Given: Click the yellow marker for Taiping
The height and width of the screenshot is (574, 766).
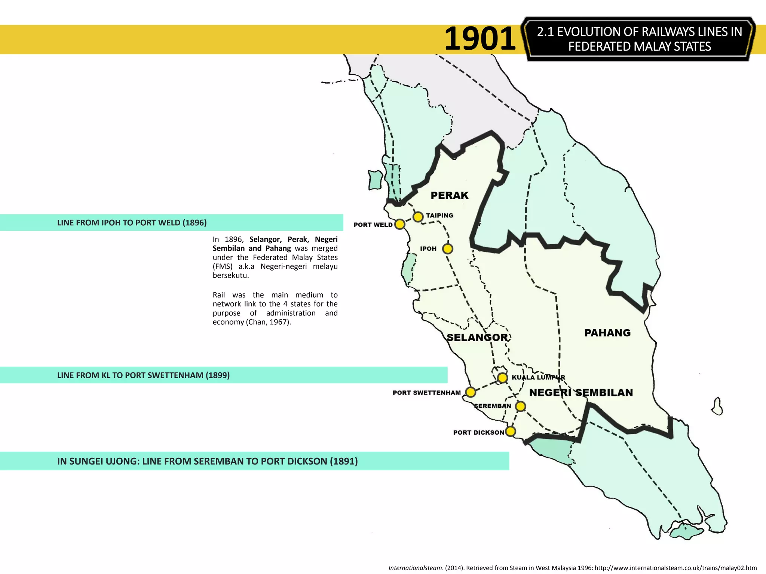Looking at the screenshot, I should [x=418, y=217].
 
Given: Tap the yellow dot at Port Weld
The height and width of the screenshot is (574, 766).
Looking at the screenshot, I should [x=400, y=224].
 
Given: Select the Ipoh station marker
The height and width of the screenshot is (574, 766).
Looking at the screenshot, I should [x=447, y=249].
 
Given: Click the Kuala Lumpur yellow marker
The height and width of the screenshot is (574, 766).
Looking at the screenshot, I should [x=502, y=378].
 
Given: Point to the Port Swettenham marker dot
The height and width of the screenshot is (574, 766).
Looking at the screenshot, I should [x=471, y=392].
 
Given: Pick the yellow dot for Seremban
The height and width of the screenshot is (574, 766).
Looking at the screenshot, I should [x=520, y=406].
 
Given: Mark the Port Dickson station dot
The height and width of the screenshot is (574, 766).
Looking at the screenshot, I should [x=510, y=432].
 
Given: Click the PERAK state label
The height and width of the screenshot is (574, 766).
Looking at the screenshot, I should [x=449, y=195].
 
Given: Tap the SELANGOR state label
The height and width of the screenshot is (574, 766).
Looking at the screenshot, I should [x=477, y=337].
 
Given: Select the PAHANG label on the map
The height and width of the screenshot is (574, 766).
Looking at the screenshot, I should [x=607, y=333].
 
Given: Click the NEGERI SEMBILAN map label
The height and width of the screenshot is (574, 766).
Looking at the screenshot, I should [x=581, y=392].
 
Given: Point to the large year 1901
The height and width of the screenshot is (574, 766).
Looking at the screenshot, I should [x=479, y=38].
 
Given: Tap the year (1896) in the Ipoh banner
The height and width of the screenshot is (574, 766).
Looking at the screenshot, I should [x=194, y=223].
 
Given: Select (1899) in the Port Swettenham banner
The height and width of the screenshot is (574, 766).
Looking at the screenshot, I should [x=218, y=375].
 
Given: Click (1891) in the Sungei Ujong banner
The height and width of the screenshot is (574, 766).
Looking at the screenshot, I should [x=343, y=461].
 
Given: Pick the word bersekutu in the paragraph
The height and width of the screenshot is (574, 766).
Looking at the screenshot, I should [x=230, y=275].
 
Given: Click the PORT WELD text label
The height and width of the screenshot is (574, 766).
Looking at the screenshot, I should [x=373, y=225].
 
